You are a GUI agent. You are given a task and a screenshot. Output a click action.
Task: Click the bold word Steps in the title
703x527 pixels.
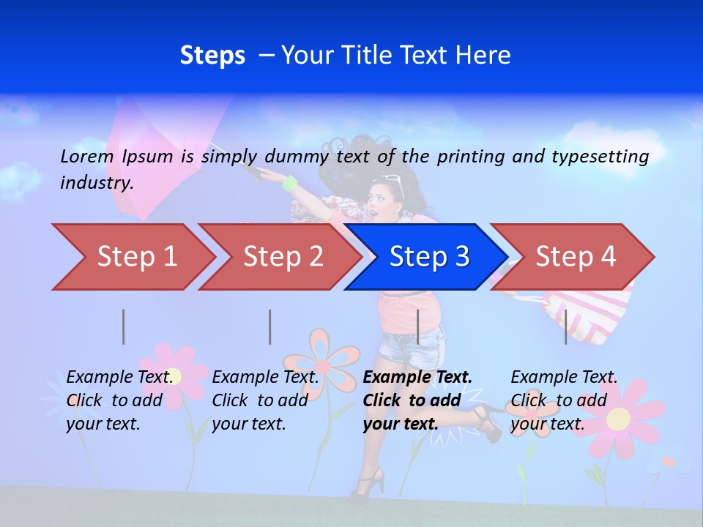click(212, 55)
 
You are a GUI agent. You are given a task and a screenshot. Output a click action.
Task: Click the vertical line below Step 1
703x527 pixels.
click(124, 326)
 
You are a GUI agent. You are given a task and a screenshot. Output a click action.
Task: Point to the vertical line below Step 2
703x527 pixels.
click(270, 326)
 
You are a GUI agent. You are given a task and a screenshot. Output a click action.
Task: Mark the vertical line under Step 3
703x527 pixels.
click(417, 326)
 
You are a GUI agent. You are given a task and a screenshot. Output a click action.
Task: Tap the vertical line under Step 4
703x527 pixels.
click(565, 326)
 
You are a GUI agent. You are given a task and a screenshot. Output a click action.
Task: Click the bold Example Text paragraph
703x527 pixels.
click(416, 400)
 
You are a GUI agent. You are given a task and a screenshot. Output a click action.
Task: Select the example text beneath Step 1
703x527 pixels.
click(120, 400)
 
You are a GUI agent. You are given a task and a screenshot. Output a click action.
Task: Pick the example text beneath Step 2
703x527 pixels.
click(265, 400)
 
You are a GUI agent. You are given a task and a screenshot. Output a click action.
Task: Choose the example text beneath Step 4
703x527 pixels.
click(563, 400)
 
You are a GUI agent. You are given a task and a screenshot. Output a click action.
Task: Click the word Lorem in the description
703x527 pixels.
click(87, 156)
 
